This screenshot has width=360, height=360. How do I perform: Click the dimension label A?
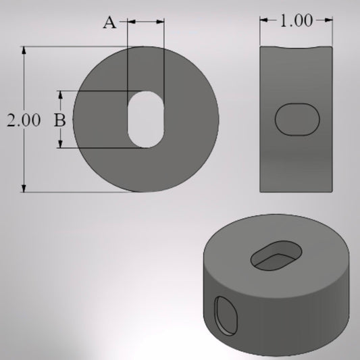pos(109,22)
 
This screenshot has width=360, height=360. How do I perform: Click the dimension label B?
pos(59,120)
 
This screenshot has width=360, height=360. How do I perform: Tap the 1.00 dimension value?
pos(297,21)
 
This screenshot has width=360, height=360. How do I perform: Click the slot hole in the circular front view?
pos(146,119)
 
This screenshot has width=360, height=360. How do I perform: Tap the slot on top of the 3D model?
pos(276,257)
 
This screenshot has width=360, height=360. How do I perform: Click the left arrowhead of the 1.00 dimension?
pos(264,21)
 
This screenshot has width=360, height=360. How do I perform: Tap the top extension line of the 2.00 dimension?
pos(74,47)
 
